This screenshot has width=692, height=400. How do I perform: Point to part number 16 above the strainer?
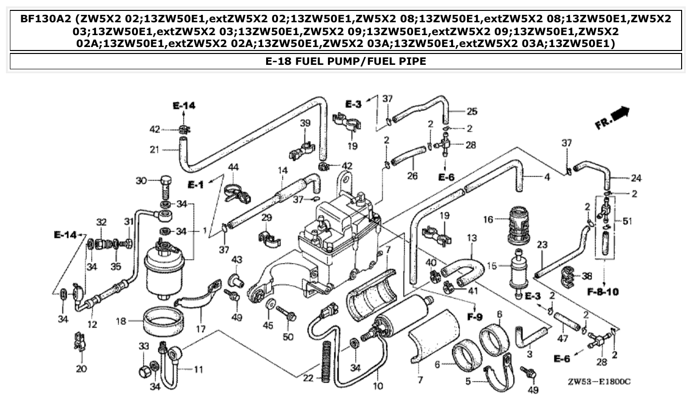488,219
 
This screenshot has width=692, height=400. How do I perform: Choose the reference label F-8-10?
603,292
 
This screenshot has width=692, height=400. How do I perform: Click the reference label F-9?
474,317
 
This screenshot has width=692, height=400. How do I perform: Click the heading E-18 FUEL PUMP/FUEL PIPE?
346,61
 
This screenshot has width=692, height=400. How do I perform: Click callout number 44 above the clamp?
232,168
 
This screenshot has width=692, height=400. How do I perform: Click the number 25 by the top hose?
472,110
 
